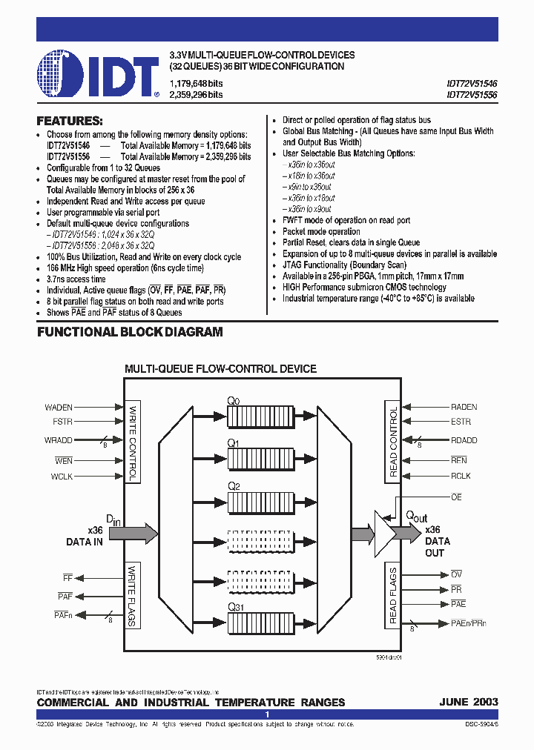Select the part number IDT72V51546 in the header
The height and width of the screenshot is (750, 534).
coord(472,84)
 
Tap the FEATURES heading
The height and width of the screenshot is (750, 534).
coord(70,121)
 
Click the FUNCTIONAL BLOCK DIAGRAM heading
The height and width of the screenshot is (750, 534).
coord(130,333)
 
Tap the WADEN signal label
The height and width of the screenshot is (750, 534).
coord(59,407)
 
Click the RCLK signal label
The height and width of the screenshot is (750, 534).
coord(461,476)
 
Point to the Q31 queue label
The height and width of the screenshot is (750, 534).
coord(236,607)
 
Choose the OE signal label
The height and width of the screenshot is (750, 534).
coord(456,497)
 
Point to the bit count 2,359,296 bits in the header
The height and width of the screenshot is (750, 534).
coord(197,95)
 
